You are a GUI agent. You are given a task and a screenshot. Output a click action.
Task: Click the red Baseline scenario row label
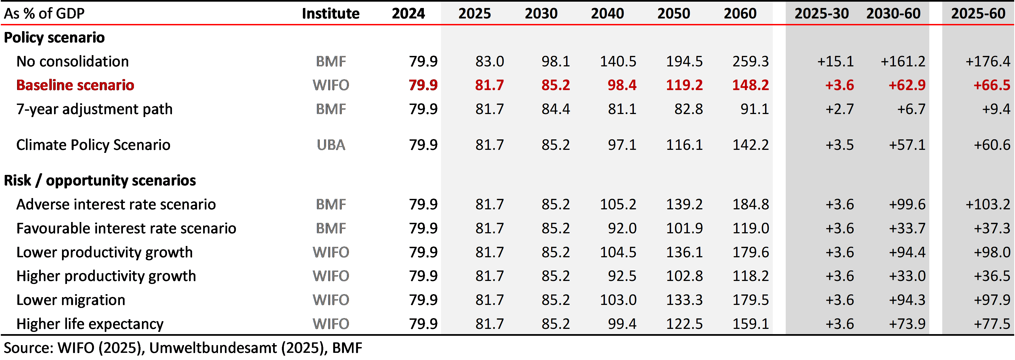[x=75, y=85]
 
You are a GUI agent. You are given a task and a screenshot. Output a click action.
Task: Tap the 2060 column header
[x=740, y=14]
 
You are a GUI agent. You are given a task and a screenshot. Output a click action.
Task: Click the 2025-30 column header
[x=822, y=14]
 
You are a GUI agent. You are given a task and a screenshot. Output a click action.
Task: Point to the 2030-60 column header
[x=893, y=14]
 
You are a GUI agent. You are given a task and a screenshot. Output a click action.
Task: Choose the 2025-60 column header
[x=978, y=14]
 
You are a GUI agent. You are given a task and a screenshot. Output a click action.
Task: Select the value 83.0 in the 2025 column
[x=489, y=61]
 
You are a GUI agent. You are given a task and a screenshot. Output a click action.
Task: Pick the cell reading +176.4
[x=987, y=61]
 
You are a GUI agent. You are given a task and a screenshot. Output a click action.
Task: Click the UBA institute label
[x=331, y=145]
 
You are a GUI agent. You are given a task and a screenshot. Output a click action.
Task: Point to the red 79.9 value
[x=423, y=85]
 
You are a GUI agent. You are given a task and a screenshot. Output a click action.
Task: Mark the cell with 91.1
[x=755, y=109]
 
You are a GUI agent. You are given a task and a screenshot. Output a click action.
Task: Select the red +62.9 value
[x=907, y=85]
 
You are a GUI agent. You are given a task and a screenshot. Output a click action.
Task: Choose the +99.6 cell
[x=907, y=204]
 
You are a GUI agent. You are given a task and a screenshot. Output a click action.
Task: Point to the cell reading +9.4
[x=996, y=109]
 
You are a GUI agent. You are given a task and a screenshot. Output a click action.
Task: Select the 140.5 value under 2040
[x=618, y=61]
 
